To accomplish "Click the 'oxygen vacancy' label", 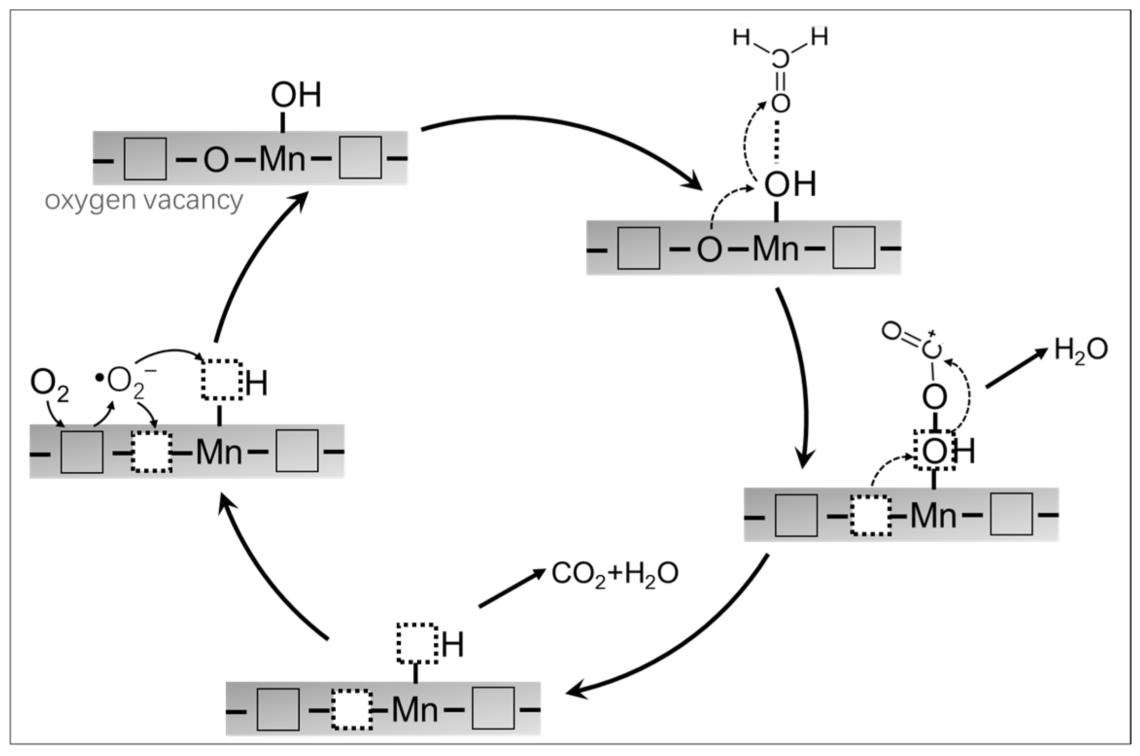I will pos(144,200).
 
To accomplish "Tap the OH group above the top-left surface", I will pos(296,95).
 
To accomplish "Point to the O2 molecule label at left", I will pos(49,384).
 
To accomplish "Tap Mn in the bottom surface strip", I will pos(414,710).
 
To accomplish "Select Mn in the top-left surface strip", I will pos(282,158).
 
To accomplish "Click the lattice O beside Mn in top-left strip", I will pos(216,159).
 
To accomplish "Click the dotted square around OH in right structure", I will pos(934,450).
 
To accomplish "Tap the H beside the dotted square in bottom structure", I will pos(452,645).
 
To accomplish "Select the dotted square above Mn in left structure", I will pos(222,380).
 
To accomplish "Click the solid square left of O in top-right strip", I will pos(638,248).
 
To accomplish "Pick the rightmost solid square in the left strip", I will pos(297,451).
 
